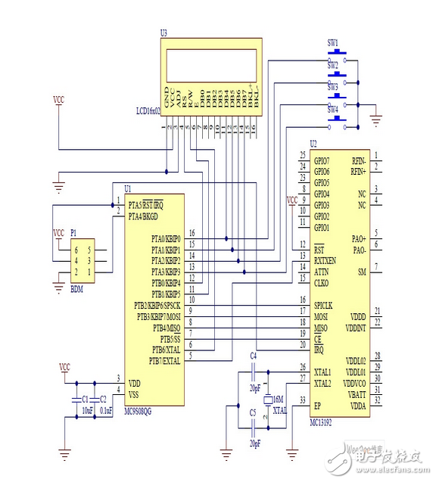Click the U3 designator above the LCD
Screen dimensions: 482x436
pyautogui.click(x=164, y=33)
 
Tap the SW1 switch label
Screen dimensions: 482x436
pyautogui.click(x=332, y=42)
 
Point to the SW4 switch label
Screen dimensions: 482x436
pyautogui.click(x=332, y=110)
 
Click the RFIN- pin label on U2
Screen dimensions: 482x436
pyautogui.click(x=358, y=160)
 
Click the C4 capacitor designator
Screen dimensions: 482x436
pyautogui.click(x=254, y=355)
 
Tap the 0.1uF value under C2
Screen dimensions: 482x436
pyautogui.click(x=105, y=410)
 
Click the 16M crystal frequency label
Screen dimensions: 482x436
pyautogui.click(x=279, y=398)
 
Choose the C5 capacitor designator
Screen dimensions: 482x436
pyautogui.click(x=254, y=413)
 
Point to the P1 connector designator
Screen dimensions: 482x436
pyautogui.click(x=73, y=234)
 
